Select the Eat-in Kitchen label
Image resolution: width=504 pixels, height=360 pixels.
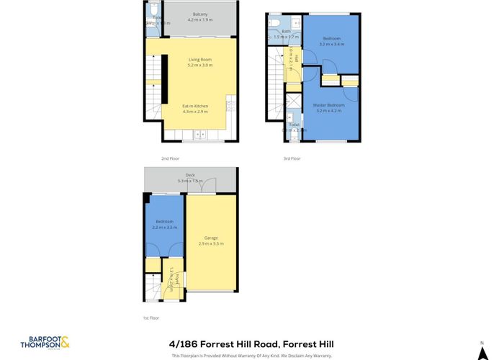point(194,106)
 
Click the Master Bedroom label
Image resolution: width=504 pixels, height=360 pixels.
point(328,105)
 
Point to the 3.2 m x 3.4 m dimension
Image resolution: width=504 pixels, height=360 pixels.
point(331,44)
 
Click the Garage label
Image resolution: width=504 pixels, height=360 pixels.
point(211,238)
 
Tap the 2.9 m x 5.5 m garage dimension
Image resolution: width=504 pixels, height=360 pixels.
point(211,243)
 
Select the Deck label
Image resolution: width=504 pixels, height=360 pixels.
point(190,175)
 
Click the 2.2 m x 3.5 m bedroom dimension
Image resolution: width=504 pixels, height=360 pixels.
point(164,228)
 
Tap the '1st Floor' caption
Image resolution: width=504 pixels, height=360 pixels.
point(150,317)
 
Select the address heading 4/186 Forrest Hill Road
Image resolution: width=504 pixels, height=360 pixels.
point(251,344)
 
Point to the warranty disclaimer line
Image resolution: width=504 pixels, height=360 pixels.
point(251,355)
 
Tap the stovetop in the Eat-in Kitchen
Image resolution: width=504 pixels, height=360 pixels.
point(230,107)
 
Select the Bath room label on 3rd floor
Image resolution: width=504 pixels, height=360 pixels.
point(286,31)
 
